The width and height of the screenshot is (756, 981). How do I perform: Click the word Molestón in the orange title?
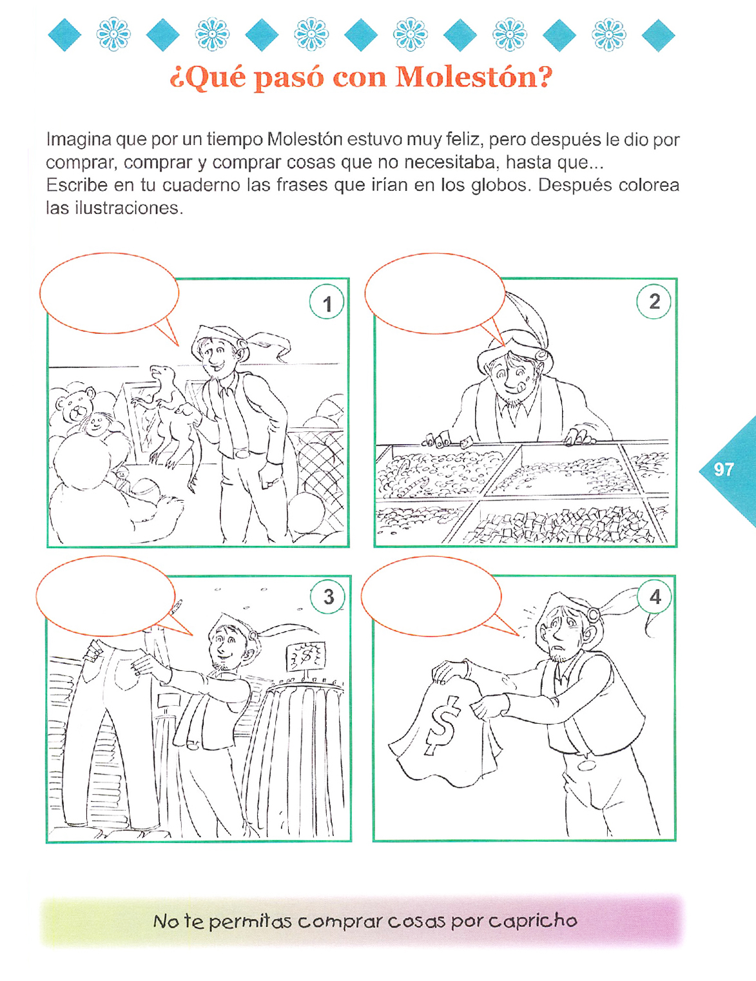coord(474,77)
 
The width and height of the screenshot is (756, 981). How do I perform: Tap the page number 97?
coord(724,469)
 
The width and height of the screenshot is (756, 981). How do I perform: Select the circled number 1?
coord(327,302)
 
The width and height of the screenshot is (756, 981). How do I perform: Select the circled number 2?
coord(654,302)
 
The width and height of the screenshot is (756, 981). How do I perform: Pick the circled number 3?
coord(328,597)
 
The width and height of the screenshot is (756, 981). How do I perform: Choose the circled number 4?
coord(654,596)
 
